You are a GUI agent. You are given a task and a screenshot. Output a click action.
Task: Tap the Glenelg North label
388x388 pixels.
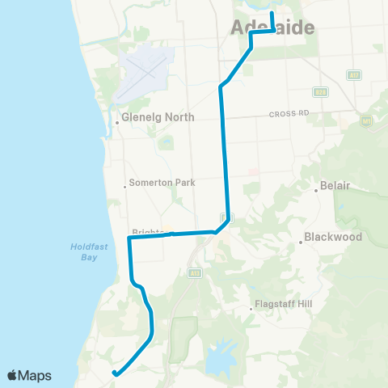coord(158,117)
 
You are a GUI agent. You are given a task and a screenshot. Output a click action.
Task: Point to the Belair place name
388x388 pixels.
coord(335,185)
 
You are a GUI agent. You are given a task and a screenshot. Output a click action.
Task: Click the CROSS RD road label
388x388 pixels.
coord(289,115)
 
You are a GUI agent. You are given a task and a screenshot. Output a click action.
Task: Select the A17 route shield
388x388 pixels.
coord(354,75)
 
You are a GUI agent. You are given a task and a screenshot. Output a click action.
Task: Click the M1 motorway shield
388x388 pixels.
coord(365,121)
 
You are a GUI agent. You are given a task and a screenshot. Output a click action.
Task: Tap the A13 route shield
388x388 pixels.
coord(195,273)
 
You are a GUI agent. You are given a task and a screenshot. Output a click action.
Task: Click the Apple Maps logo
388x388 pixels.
coord(29,375)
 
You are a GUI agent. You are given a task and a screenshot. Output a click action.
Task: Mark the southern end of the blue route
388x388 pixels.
coord(115,373)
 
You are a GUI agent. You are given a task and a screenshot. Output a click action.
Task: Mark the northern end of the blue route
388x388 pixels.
coord(272,14)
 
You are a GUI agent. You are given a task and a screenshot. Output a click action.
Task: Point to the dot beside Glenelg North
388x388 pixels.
coord(118,123)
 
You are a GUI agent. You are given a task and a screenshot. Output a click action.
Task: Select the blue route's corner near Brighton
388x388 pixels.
coord(129,238)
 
